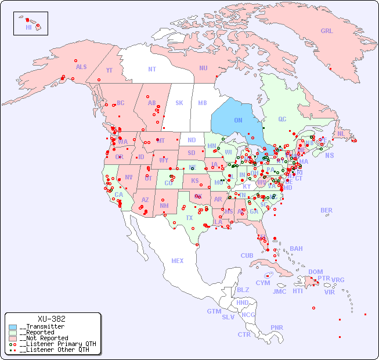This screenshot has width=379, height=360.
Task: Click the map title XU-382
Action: pyautogui.click(x=51, y=319)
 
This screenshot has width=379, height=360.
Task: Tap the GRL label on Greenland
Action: pyautogui.click(x=327, y=31)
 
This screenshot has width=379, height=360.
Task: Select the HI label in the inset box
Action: pyautogui.click(x=28, y=27)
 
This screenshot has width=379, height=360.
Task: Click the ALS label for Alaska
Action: pyautogui.click(x=81, y=67)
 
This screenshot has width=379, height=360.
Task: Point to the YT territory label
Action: pyautogui.click(x=109, y=70)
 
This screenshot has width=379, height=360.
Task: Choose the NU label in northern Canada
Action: pyautogui.click(x=203, y=68)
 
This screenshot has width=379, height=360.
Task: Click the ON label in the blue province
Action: pyautogui.click(x=238, y=120)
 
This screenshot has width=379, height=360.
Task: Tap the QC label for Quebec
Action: pyautogui.click(x=282, y=119)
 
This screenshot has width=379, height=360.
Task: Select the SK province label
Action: pyautogui.click(x=179, y=103)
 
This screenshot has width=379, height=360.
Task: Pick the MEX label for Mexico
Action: pyautogui.click(x=178, y=261)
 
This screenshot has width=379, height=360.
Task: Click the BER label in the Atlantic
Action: pyautogui.click(x=327, y=210)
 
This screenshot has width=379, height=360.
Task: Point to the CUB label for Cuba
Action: pyautogui.click(x=247, y=255)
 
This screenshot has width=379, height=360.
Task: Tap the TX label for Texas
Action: pyautogui.click(x=189, y=218)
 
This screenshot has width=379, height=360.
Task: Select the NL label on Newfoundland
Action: pyautogui.click(x=341, y=133)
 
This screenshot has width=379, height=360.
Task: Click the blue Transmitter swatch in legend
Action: pyautogui.click(x=13, y=327)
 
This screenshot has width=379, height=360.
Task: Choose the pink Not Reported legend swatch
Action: pyautogui.click(x=13, y=338)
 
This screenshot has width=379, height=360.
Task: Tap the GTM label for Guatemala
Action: pyautogui.click(x=214, y=311)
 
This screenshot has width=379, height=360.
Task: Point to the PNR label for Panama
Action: pyautogui.click(x=277, y=327)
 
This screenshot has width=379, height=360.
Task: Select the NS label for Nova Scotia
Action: pyautogui.click(x=329, y=155)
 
